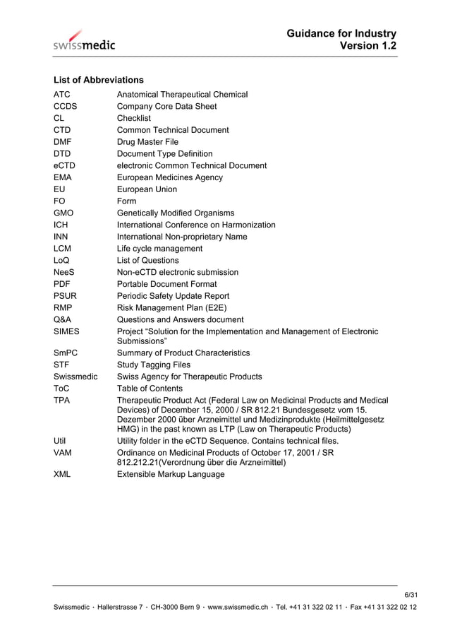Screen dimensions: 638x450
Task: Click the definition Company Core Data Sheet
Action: (x=166, y=107)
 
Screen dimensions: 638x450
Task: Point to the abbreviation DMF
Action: (x=63, y=142)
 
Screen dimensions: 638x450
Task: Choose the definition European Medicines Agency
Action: (x=169, y=177)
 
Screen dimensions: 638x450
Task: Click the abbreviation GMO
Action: (x=63, y=213)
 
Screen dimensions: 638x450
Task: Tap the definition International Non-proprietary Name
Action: (x=181, y=237)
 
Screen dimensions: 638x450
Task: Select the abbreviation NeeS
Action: (x=65, y=272)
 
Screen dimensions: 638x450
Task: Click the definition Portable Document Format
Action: (x=166, y=284)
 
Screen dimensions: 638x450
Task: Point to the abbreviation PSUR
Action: (x=65, y=296)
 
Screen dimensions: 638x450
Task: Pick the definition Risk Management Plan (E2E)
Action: (x=171, y=307)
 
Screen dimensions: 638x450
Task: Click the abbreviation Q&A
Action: (x=63, y=319)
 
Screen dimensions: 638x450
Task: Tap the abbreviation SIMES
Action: (x=66, y=331)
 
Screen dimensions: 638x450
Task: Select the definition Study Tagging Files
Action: (x=153, y=365)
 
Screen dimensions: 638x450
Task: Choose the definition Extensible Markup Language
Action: (x=170, y=474)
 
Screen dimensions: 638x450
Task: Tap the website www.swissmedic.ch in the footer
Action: (x=238, y=608)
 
